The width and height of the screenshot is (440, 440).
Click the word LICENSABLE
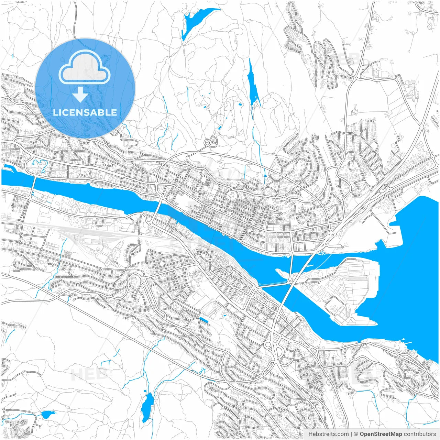[85, 112]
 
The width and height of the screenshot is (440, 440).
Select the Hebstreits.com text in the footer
[328, 434]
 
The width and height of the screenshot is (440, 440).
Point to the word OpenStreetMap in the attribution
[381, 434]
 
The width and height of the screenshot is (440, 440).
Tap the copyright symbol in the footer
[356, 434]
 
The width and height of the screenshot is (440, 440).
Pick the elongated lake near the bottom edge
[148, 407]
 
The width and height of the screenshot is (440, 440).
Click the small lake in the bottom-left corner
[47, 414]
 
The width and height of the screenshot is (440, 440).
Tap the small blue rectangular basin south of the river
[203, 320]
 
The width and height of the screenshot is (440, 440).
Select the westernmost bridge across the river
[33, 186]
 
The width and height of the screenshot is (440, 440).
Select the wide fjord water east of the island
[409, 275]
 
